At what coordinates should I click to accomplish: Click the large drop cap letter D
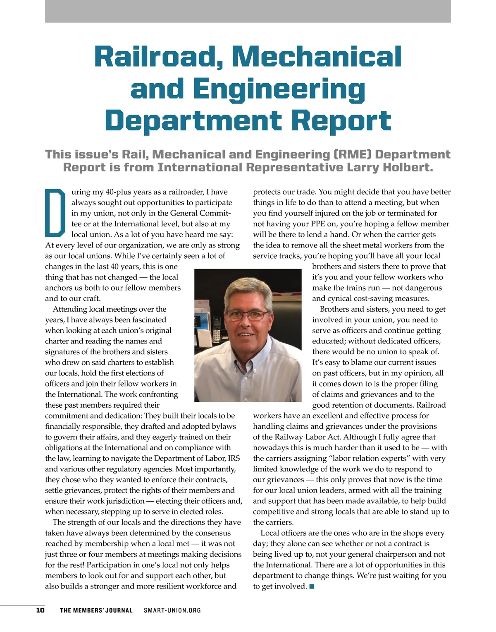tap(55, 212)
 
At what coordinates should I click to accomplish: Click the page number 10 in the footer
tap(40, 610)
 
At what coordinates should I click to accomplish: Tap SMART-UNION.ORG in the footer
tap(172, 610)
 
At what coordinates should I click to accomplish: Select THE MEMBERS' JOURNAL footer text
tap(96, 610)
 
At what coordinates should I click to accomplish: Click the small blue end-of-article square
tap(312, 586)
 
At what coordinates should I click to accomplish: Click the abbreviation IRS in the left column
tap(234, 458)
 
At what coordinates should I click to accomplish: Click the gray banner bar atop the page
tap(248, 11)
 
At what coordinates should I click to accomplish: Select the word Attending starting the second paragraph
tap(70, 309)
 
